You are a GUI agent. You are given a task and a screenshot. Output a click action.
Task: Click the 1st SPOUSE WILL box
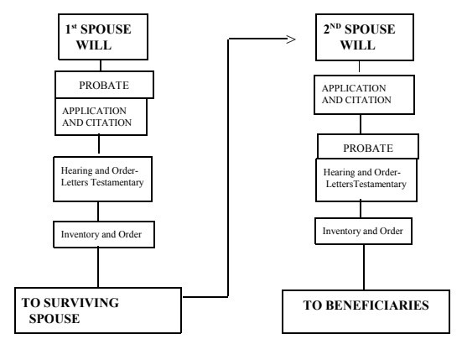[x=103, y=37]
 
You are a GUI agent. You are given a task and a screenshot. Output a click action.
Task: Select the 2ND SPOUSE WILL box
[x=365, y=37]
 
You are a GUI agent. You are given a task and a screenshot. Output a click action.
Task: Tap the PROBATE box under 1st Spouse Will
[x=104, y=85]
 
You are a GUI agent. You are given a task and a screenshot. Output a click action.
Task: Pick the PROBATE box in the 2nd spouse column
[x=368, y=147]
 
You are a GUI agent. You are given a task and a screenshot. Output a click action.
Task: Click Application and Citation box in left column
[x=101, y=117]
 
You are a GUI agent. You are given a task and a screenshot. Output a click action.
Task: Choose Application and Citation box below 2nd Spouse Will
[x=364, y=95]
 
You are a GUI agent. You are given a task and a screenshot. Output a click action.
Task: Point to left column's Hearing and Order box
[x=102, y=179]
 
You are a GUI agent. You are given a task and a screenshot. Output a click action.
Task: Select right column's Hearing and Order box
[x=366, y=180]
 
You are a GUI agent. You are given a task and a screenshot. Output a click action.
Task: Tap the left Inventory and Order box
[x=104, y=234]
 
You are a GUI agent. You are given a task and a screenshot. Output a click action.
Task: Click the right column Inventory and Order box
[x=363, y=231]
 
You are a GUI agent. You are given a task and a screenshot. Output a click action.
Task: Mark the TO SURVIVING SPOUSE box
[x=98, y=310]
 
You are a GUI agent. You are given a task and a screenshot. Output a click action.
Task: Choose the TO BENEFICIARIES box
[x=366, y=311]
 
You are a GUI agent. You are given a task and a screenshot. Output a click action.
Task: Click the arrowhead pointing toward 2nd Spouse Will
[x=291, y=39]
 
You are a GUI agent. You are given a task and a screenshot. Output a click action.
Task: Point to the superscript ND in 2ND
[x=335, y=26]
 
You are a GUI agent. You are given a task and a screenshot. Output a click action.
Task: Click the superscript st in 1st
[x=74, y=27]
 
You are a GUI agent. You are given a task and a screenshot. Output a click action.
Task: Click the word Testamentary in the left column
[x=117, y=182]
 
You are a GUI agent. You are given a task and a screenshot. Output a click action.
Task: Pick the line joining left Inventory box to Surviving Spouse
[x=98, y=268]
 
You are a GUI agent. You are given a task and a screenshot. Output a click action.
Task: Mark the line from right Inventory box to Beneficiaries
[x=364, y=267]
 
